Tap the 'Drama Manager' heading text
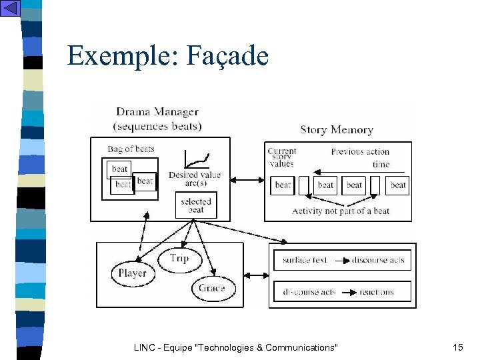tap(157, 112)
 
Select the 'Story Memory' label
tap(337, 130)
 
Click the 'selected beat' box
tap(196, 205)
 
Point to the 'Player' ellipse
tap(133, 273)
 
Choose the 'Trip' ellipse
tap(179, 259)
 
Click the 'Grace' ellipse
tap(211, 288)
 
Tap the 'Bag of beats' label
tap(131, 149)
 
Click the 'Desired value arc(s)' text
tap(194, 179)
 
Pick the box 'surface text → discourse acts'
tap(342, 260)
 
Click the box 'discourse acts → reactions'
tap(342, 292)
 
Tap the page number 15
tap(457, 347)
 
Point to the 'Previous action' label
tap(360, 151)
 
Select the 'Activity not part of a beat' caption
tap(341, 211)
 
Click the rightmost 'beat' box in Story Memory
tap(398, 185)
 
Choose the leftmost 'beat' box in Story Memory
tap(283, 185)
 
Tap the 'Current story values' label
tap(281, 157)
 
